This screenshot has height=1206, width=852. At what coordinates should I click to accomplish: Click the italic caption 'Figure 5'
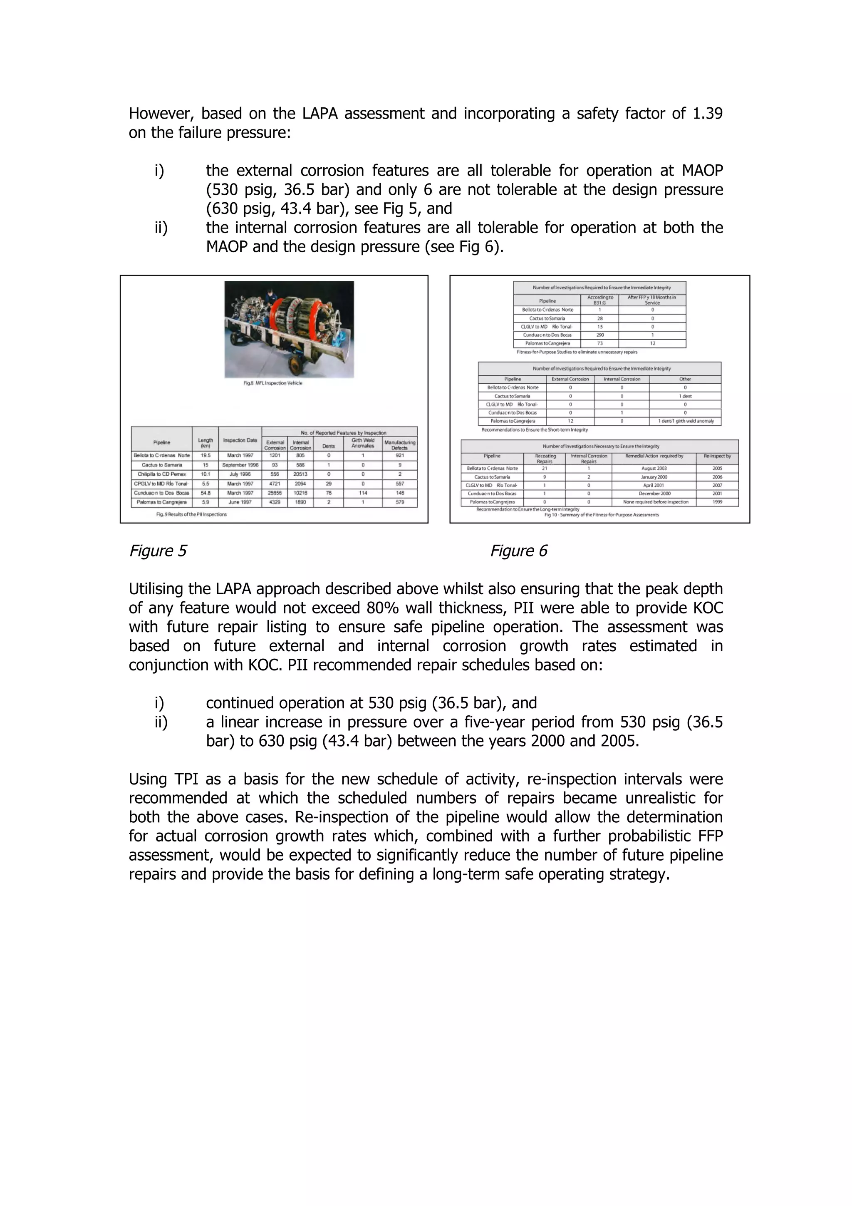tap(158, 551)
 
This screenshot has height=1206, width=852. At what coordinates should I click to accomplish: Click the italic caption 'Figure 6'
tap(518, 551)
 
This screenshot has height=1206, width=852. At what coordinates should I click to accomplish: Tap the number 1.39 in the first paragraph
tap(707, 114)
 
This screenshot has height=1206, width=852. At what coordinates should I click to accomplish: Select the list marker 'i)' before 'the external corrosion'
tap(159, 171)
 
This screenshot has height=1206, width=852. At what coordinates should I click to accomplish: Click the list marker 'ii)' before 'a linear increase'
tap(161, 722)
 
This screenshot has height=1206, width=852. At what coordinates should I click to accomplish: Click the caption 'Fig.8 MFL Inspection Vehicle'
tap(272, 383)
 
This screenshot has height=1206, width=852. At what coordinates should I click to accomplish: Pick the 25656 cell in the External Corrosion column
tap(275, 493)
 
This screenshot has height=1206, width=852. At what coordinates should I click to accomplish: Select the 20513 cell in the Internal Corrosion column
tap(300, 474)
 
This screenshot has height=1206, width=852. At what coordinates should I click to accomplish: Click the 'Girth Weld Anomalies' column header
tap(363, 443)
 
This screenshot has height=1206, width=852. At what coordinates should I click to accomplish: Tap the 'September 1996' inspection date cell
tap(240, 465)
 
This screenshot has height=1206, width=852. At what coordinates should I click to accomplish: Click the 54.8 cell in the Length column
tap(205, 493)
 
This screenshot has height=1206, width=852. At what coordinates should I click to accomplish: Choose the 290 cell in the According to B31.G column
tap(599, 335)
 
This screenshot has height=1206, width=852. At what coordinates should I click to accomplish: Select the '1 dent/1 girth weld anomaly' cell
tap(685, 421)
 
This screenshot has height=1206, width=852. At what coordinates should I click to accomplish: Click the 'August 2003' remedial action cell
tap(654, 469)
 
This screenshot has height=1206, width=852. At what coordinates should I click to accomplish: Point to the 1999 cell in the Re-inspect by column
tap(717, 502)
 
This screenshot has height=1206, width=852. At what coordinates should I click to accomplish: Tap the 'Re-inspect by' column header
tap(717, 457)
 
